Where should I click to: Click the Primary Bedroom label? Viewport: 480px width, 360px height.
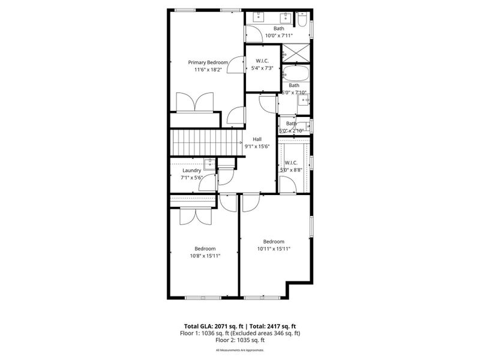208,62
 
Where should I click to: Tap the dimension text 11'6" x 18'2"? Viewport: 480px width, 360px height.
208,70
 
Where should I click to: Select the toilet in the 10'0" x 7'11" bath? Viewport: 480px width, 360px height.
303,23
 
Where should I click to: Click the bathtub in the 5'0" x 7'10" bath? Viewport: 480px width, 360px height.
295,75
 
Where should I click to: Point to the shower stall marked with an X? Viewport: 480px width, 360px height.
296,52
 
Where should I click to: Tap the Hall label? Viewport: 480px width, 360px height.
257,139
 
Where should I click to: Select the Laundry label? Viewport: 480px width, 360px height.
191,170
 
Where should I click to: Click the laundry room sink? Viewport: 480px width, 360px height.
209,162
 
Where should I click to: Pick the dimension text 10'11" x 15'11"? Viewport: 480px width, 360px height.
274,249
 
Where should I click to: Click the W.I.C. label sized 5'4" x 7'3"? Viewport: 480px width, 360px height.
262,61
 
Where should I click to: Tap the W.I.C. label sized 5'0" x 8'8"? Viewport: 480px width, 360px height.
291,163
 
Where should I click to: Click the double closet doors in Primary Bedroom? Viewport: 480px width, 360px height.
195,102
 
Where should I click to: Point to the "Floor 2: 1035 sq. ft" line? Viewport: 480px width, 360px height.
240,340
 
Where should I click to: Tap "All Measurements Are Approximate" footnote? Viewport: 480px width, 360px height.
240,350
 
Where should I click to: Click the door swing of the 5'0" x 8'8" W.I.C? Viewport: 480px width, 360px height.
287,185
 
